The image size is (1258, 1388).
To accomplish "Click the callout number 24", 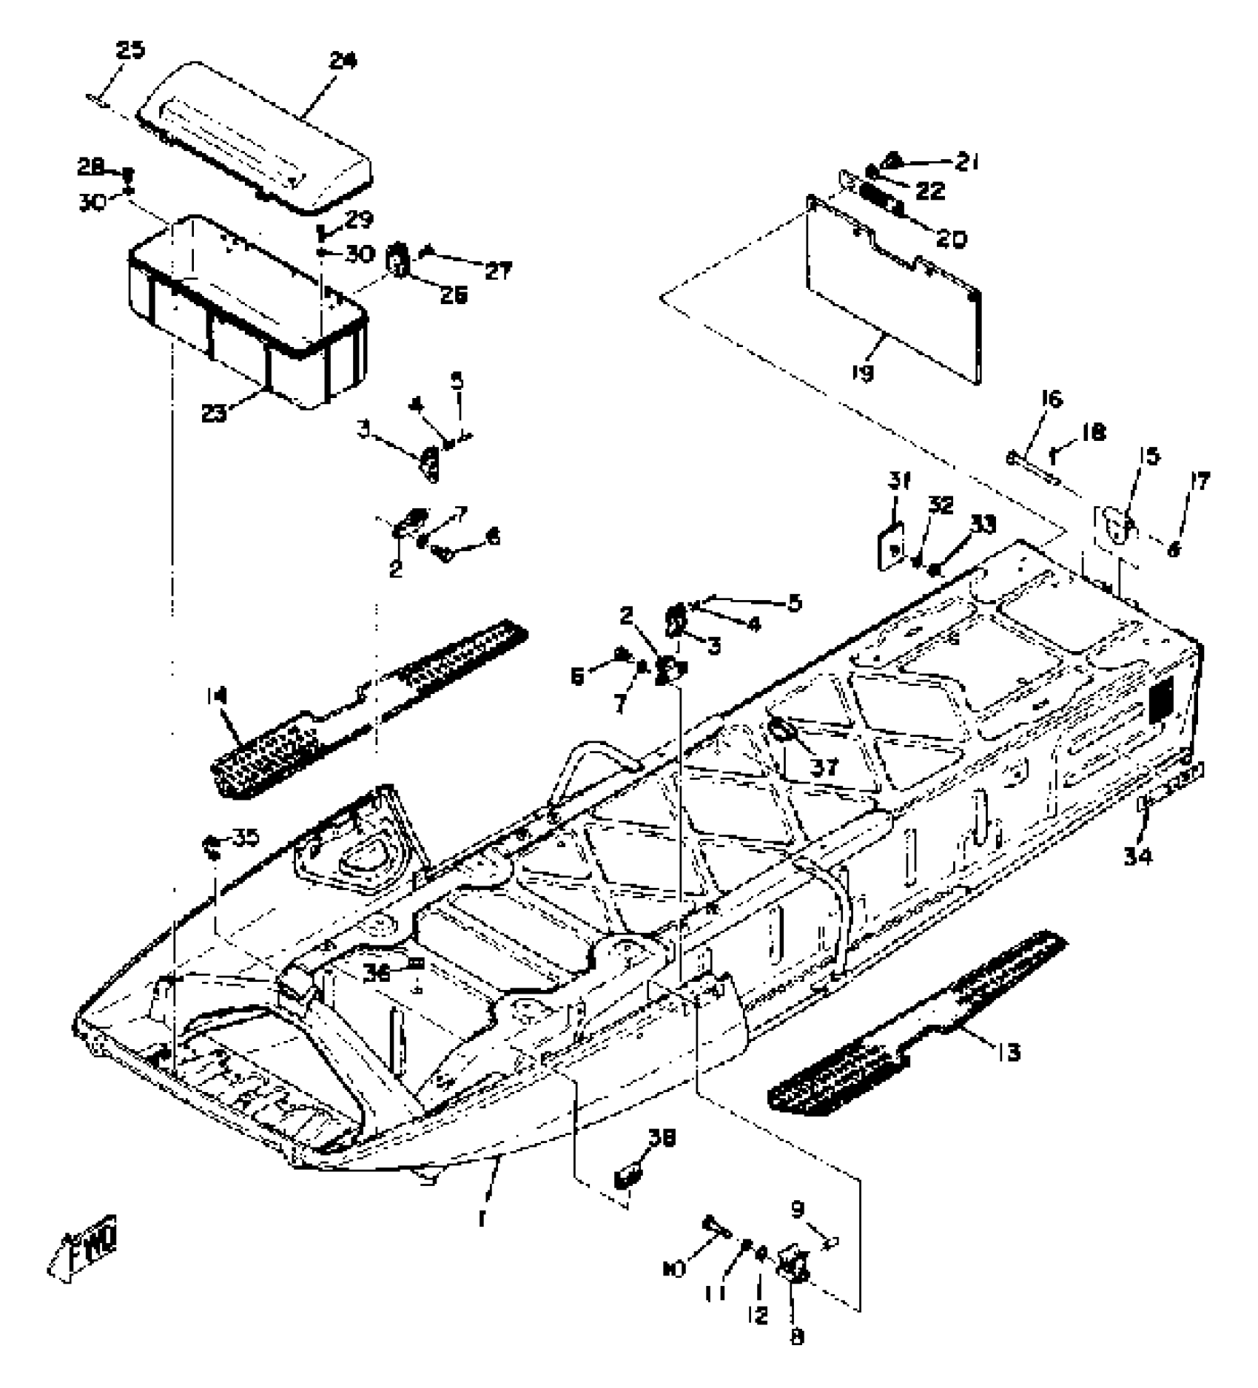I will point(343,60).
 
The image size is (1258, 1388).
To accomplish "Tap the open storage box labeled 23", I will point(244,311).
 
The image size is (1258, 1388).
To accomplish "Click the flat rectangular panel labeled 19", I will point(895,289).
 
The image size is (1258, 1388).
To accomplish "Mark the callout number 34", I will point(1138,857).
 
